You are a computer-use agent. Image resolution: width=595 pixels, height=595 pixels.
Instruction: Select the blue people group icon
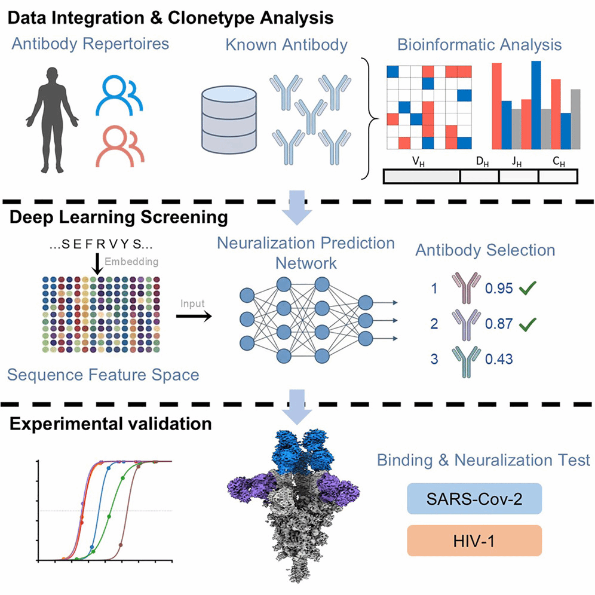[x=119, y=96]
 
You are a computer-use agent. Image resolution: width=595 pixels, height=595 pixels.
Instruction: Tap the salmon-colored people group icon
[x=120, y=146]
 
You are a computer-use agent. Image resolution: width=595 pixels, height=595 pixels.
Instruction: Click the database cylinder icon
[x=229, y=119]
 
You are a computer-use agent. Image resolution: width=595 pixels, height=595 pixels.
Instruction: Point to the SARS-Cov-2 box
[x=474, y=499]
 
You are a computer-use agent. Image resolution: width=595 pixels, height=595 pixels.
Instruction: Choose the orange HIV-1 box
[x=474, y=541]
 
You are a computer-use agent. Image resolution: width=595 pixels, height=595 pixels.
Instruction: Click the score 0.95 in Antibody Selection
[x=499, y=289]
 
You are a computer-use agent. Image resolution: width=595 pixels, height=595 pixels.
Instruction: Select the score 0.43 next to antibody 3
[x=499, y=359]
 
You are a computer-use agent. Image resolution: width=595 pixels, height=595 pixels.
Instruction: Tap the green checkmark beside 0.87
[x=528, y=324]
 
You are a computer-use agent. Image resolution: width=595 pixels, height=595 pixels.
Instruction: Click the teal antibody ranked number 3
[x=467, y=362]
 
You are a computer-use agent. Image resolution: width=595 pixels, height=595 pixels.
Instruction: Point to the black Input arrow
[x=194, y=315]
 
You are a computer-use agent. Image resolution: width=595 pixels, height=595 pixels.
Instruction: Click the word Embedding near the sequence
[x=131, y=262]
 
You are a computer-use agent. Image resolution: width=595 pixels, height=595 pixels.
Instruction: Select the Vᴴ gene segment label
[x=418, y=162]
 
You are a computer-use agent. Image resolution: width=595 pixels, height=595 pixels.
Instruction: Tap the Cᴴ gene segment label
[x=559, y=162]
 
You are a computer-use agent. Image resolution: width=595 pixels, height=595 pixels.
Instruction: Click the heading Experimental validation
[x=111, y=424]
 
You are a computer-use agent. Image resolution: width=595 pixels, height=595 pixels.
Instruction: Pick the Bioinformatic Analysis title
[x=479, y=45]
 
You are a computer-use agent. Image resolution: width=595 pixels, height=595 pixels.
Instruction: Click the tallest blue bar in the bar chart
[x=536, y=105]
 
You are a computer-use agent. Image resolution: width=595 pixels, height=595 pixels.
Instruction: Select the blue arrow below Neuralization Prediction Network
[x=297, y=407]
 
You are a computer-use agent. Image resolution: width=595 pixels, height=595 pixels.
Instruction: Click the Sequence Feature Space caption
[x=103, y=375]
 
